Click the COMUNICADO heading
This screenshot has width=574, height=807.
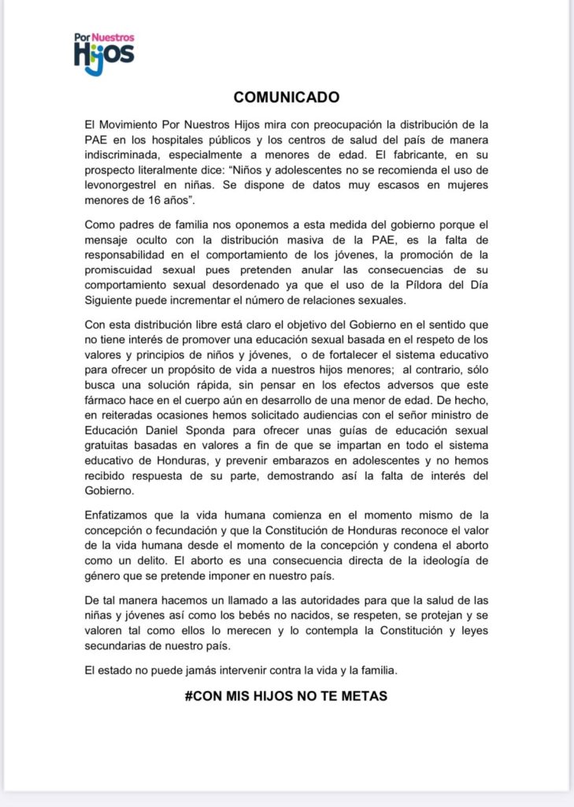287,98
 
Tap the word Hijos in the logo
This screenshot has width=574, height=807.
104,57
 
